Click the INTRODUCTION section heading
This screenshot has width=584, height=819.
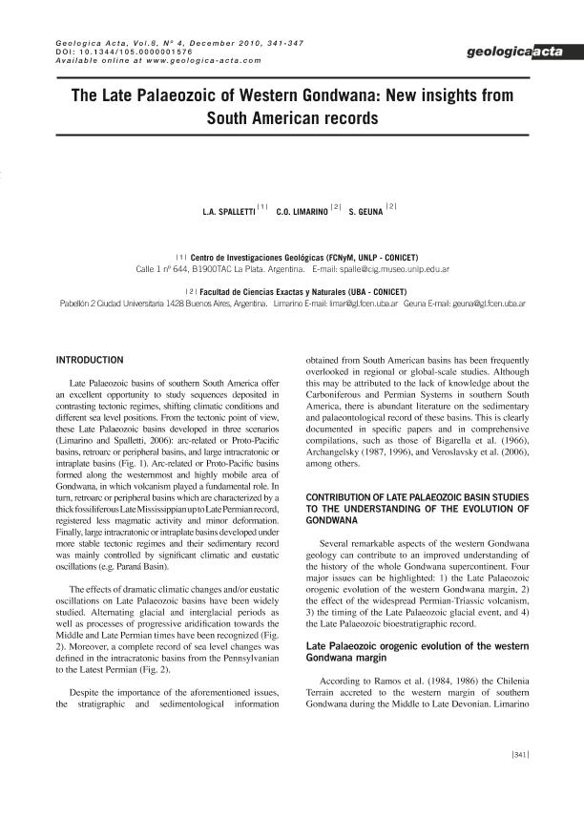click(x=90, y=359)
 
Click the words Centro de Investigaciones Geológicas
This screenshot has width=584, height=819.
click(x=251, y=258)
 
